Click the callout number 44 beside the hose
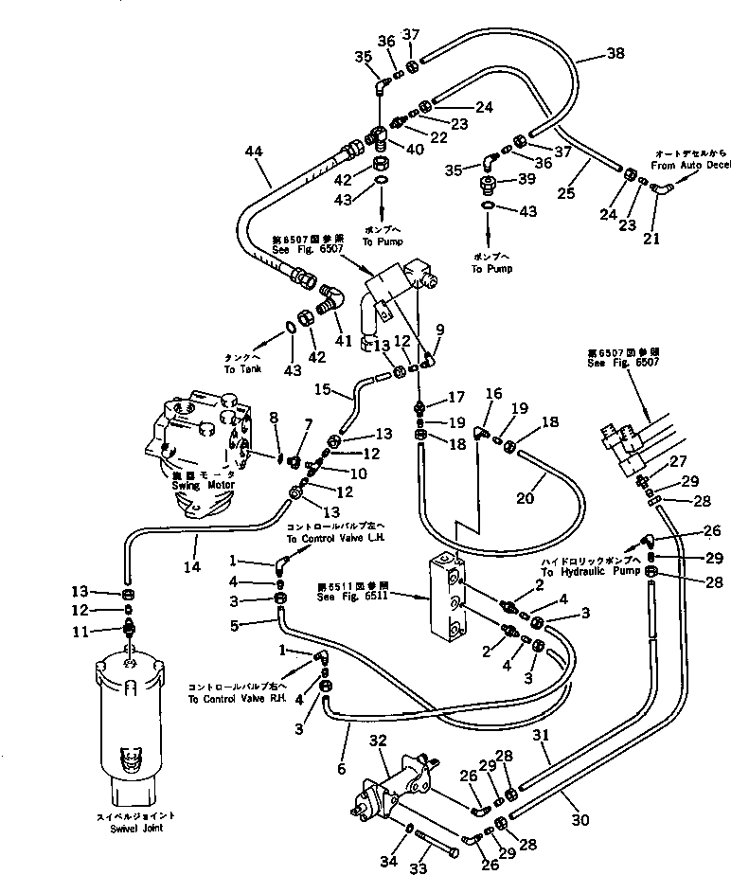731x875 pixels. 253,152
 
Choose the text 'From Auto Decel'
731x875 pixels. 691,165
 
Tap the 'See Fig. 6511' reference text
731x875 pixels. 351,596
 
